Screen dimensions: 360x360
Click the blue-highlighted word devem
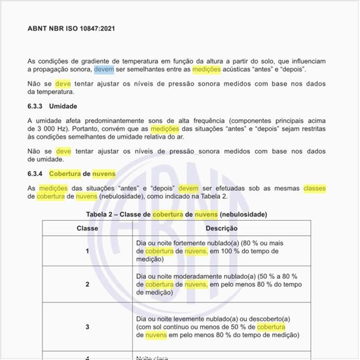click(103, 69)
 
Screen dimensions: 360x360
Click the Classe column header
click(87, 228)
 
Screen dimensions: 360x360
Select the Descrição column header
click(221, 228)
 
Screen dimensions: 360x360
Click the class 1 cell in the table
click(87, 251)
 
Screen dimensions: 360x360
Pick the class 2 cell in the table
click(87, 285)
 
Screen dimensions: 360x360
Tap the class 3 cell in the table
click(87, 327)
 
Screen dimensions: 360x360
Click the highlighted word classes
click(314, 188)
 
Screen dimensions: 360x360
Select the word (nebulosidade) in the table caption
click(243, 214)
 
